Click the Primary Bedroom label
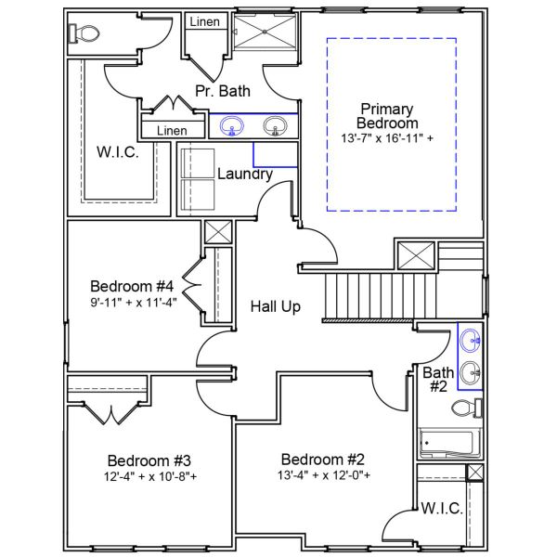click(389, 116)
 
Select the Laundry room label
click(245, 174)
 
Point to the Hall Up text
click(276, 306)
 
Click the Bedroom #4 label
click(133, 285)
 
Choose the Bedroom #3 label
click(149, 460)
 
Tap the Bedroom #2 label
click(324, 459)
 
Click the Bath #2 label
click(438, 381)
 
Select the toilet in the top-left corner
click(84, 33)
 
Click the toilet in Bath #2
click(466, 408)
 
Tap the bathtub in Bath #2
click(448, 444)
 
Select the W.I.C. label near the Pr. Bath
click(118, 152)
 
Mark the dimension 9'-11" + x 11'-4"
click(133, 301)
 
